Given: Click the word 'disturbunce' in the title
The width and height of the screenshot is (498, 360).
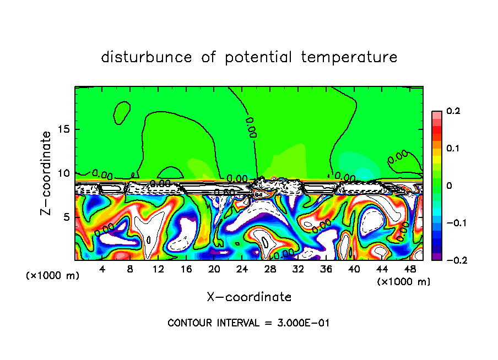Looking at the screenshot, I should point(147,57).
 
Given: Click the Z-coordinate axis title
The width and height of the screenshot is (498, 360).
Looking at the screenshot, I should point(47,173).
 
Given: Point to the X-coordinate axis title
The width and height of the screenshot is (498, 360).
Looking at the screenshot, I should point(249,297).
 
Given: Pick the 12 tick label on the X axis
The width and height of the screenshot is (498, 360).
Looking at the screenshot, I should point(158,269).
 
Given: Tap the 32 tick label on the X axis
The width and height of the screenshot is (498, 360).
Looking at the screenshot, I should point(298,269).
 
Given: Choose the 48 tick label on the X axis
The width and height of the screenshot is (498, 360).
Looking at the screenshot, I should point(410,269).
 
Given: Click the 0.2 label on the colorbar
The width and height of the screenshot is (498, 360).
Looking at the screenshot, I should point(453,111).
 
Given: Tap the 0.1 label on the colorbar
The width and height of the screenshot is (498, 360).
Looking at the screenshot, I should point(453,148).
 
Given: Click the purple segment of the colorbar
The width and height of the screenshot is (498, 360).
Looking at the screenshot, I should point(436,257).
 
